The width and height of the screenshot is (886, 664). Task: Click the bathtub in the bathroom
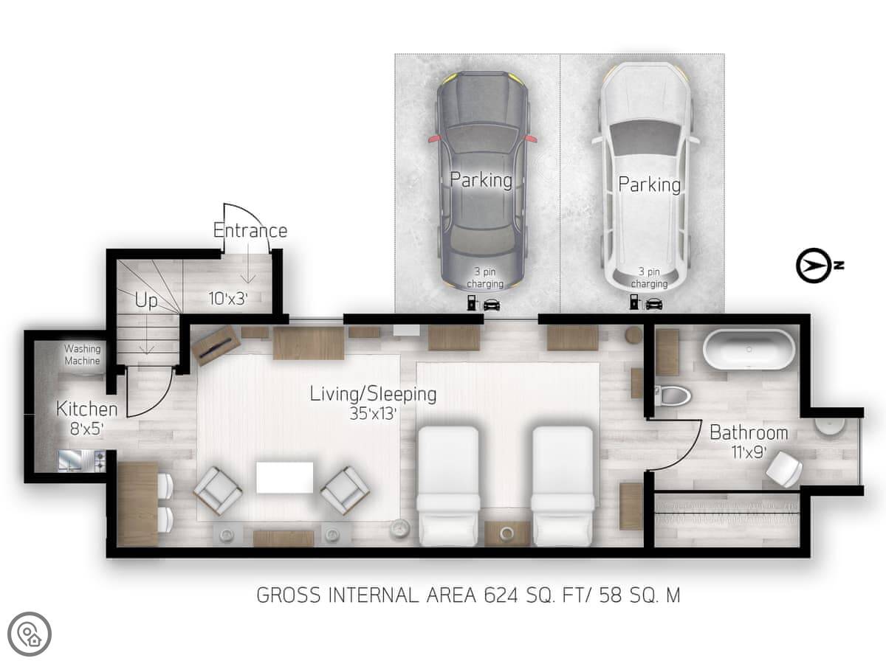pos(749,350)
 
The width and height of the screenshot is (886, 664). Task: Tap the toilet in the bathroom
pos(672,396)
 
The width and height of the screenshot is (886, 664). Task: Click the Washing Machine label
pos(83,355)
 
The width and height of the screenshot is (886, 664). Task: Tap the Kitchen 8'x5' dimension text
pos(86,429)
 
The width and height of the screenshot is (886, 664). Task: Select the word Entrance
pos(250,231)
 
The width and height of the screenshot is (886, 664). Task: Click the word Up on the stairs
pos(145,301)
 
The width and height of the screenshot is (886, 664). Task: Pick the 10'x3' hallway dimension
pos(227,299)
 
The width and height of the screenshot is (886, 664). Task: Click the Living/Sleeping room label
pos(373,394)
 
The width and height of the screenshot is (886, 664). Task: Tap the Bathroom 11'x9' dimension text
pos(749,453)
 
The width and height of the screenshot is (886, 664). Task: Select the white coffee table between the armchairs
pos(285,478)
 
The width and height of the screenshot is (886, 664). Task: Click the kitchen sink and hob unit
pos(83,461)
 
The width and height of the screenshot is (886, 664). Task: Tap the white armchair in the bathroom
pos(784,470)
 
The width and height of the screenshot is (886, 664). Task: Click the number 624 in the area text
pos(501,595)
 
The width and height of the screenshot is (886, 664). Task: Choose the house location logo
pos(30,634)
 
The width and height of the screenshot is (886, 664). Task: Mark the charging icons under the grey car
pos(484,304)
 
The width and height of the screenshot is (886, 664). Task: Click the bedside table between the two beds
pos(506,533)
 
